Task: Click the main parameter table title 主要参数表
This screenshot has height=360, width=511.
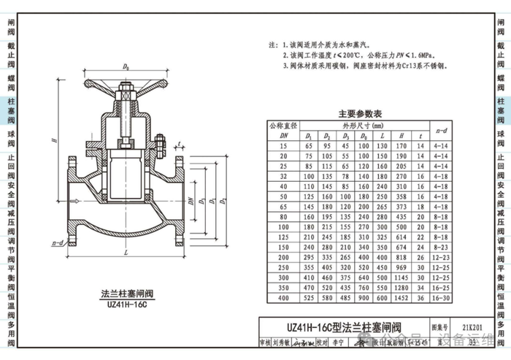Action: (x=366, y=114)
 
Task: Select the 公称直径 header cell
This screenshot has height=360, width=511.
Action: (x=283, y=125)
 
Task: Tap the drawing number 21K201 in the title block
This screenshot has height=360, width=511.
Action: (x=461, y=329)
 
